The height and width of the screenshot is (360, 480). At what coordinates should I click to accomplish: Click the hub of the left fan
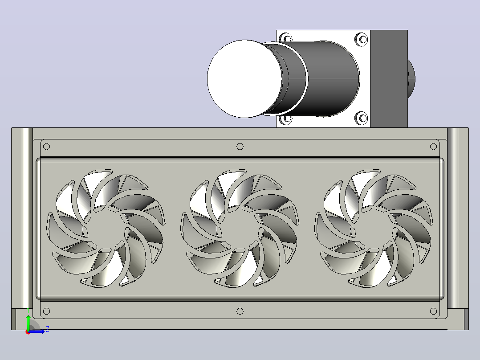click(106, 228)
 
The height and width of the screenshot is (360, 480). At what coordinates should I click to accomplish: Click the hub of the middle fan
click(240, 228)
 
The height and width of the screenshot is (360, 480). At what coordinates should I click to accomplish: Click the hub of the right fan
click(374, 228)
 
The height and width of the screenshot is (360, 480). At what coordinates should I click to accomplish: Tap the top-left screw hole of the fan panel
click(46, 147)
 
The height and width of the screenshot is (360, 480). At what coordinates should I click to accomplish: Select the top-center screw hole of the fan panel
click(240, 147)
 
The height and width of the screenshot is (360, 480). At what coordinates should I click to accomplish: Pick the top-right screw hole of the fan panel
click(433, 147)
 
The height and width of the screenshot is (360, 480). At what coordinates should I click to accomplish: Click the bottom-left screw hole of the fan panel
click(46, 311)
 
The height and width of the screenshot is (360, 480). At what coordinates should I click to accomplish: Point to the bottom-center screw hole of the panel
click(240, 311)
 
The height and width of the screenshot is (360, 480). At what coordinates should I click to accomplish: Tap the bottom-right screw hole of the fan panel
click(433, 311)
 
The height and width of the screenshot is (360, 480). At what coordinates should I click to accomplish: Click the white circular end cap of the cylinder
click(244, 79)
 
